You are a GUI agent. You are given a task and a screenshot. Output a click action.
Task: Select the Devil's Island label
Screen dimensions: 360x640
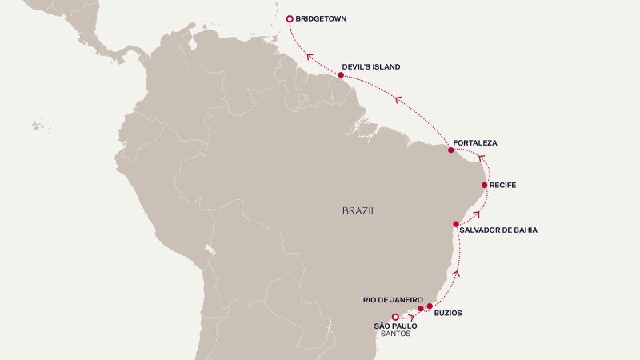(370, 67)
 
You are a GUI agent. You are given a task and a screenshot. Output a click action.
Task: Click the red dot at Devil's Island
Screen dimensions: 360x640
(341, 75)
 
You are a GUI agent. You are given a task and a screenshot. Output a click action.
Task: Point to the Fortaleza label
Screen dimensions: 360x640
(475, 143)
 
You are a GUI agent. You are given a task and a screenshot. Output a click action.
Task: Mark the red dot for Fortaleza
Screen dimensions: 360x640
(451, 150)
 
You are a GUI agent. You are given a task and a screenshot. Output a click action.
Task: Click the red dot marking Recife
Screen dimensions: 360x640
(484, 186)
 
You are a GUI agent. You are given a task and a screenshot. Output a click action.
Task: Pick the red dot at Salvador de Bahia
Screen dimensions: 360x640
(456, 224)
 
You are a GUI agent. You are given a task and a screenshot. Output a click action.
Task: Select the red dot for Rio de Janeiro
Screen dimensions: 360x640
(421, 308)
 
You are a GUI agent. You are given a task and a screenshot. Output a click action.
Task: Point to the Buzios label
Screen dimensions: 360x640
(448, 314)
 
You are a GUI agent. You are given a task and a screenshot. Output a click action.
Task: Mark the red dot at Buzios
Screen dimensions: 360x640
(430, 306)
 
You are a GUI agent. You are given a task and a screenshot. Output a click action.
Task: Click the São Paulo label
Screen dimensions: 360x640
(395, 326)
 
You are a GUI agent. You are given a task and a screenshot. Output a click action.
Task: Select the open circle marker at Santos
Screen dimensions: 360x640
(395, 317)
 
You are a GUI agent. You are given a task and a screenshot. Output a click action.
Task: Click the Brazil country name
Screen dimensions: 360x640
(359, 211)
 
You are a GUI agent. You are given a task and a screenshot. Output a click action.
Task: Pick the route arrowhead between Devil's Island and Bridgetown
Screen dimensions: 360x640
(308, 54)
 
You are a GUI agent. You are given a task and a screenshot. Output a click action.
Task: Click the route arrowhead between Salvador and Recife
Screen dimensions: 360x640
(478, 214)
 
